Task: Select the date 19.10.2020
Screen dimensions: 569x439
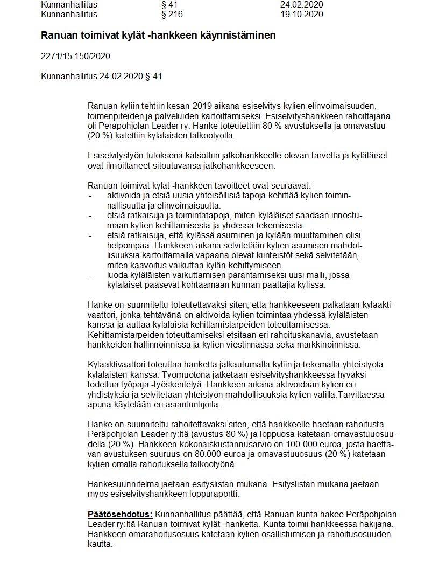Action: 302,15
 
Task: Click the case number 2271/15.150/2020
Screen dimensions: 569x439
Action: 76,56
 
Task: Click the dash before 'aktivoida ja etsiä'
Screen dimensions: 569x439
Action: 90,195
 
